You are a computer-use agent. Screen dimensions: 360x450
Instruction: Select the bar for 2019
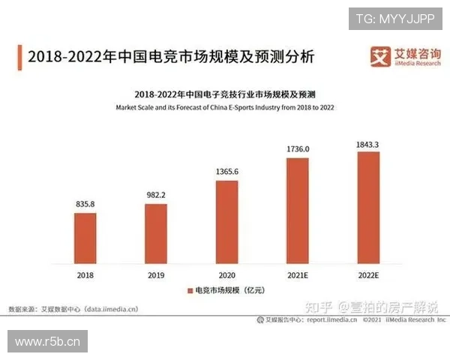point(156,232)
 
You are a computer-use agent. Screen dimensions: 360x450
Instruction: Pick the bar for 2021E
point(298,209)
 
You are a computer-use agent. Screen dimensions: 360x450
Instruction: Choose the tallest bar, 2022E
point(368,206)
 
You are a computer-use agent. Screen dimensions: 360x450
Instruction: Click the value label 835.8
point(85,202)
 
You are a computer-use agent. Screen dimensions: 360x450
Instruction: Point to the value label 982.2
point(156,194)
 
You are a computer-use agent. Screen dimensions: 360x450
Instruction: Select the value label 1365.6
point(226,171)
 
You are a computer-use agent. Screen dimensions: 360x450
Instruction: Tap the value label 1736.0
point(298,148)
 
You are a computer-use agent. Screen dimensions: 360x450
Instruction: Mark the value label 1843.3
point(368,142)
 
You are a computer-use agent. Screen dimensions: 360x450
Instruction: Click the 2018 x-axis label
point(85,275)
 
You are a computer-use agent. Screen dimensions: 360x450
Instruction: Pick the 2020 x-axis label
point(226,275)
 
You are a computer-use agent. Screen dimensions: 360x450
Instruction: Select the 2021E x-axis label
point(298,275)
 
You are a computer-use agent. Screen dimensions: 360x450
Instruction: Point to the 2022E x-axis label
point(368,275)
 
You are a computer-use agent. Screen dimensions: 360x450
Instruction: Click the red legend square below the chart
point(189,289)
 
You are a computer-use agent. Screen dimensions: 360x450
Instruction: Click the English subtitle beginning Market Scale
point(225,107)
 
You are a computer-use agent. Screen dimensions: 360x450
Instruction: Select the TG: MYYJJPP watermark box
point(395,18)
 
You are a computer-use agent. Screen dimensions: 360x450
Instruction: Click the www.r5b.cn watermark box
point(47,342)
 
